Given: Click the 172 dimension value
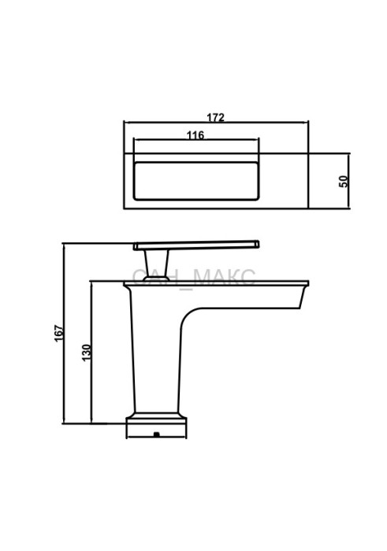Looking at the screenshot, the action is point(215,117).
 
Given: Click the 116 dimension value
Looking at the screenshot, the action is point(195,135).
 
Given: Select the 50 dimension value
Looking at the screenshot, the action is point(344,181).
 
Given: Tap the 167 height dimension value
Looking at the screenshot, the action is point(59,333).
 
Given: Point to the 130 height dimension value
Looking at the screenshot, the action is point(86,353).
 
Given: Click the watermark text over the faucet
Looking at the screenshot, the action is point(194,278).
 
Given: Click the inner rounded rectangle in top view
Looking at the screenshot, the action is point(197,181).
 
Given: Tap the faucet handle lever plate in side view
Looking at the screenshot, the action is point(196,246).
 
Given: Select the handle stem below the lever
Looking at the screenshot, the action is point(157,265).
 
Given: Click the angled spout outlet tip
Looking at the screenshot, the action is point(303,298).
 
